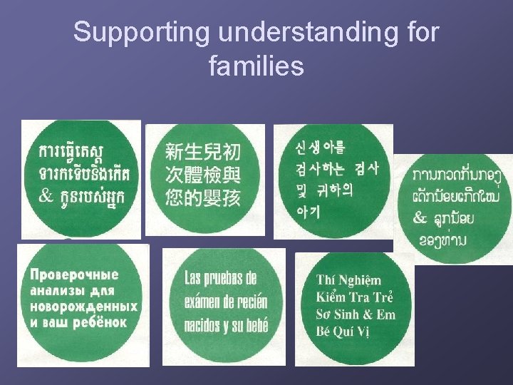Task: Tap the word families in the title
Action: click(x=256, y=66)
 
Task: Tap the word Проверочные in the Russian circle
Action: click(x=75, y=275)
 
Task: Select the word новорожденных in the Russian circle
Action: click(x=84, y=307)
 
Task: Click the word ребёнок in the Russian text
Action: click(x=98, y=322)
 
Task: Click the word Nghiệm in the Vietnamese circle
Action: click(x=361, y=280)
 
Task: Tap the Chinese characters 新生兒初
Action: click(x=203, y=152)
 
